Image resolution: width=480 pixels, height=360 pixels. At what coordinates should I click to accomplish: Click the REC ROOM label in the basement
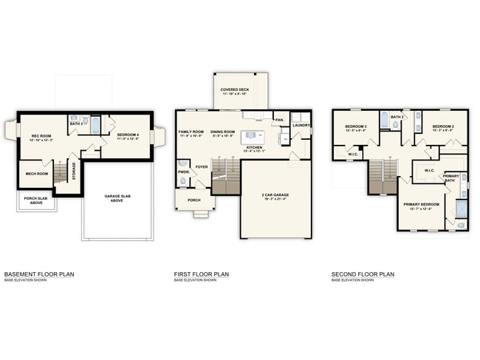click(x=41, y=135)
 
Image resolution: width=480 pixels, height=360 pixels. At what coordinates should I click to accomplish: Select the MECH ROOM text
click(x=36, y=174)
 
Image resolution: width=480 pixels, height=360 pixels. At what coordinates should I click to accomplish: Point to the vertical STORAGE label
click(x=73, y=171)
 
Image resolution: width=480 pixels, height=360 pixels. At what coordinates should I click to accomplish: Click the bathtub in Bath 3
click(x=95, y=125)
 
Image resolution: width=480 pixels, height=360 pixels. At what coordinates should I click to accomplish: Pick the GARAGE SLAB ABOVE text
click(x=117, y=197)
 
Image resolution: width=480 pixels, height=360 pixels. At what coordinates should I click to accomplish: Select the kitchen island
click(x=253, y=137)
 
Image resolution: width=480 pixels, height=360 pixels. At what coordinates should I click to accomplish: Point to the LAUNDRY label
click(x=301, y=125)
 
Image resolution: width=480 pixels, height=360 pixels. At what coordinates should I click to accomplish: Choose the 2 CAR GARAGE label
click(x=276, y=194)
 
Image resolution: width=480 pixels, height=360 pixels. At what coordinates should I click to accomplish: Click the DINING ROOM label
click(x=222, y=132)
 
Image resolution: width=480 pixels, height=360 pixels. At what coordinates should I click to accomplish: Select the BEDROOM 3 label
click(x=355, y=126)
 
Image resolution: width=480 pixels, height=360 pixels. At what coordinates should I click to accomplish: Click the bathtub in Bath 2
click(x=384, y=120)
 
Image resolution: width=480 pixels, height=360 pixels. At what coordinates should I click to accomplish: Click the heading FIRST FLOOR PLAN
click(x=201, y=274)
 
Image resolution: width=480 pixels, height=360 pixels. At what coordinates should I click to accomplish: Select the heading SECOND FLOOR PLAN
click(x=363, y=274)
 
